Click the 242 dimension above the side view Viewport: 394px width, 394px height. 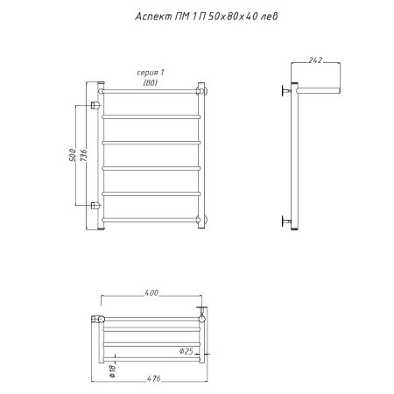pyautogui.click(x=315, y=60)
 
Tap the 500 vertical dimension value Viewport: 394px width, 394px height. pyautogui.click(x=73, y=155)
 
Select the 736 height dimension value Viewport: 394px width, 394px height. pyautogui.click(x=83, y=155)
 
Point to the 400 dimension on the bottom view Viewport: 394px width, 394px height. pyautogui.click(x=151, y=292)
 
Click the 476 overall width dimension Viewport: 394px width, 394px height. pyautogui.click(x=154, y=378)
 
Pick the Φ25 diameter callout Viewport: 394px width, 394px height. pyautogui.click(x=186, y=351)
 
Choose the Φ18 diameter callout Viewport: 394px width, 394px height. pyautogui.click(x=113, y=370)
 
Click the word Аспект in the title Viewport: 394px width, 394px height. pyautogui.click(x=153, y=17)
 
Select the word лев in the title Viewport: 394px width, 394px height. pyautogui.click(x=269, y=17)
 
